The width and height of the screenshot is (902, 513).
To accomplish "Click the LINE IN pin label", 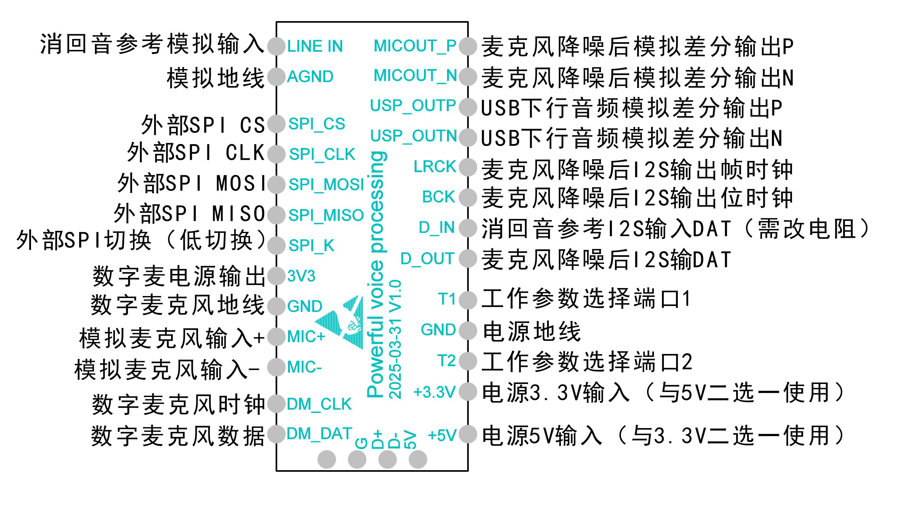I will pyautogui.click(x=315, y=47).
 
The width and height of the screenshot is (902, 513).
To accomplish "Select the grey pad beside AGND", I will pyautogui.click(x=276, y=77).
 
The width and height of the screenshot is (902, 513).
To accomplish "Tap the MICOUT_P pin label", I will pyautogui.click(x=415, y=46).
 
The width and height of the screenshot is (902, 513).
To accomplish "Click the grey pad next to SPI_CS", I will pyautogui.click(x=276, y=124).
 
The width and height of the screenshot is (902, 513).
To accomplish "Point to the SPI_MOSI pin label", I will pyautogui.click(x=326, y=185).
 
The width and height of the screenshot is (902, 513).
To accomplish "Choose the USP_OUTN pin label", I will pyautogui.click(x=413, y=136).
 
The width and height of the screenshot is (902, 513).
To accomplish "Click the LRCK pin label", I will pyautogui.click(x=435, y=167).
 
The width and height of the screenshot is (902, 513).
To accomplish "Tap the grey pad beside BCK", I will pyautogui.click(x=468, y=197).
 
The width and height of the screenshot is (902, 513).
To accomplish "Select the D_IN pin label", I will pyautogui.click(x=436, y=228).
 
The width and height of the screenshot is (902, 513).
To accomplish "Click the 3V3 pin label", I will pyautogui.click(x=301, y=276).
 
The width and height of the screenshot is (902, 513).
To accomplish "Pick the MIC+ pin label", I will pyautogui.click(x=306, y=337).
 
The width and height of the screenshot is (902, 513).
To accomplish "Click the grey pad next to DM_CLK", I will pyautogui.click(x=276, y=404).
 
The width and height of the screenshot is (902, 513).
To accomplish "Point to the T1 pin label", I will pyautogui.click(x=447, y=299).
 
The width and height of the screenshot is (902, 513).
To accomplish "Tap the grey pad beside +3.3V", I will pyautogui.click(x=468, y=392).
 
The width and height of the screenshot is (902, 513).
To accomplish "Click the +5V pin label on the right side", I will pyautogui.click(x=442, y=435).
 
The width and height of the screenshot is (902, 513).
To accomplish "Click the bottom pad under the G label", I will pyautogui.click(x=357, y=460).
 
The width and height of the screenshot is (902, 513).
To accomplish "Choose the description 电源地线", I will pyautogui.click(x=531, y=332).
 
